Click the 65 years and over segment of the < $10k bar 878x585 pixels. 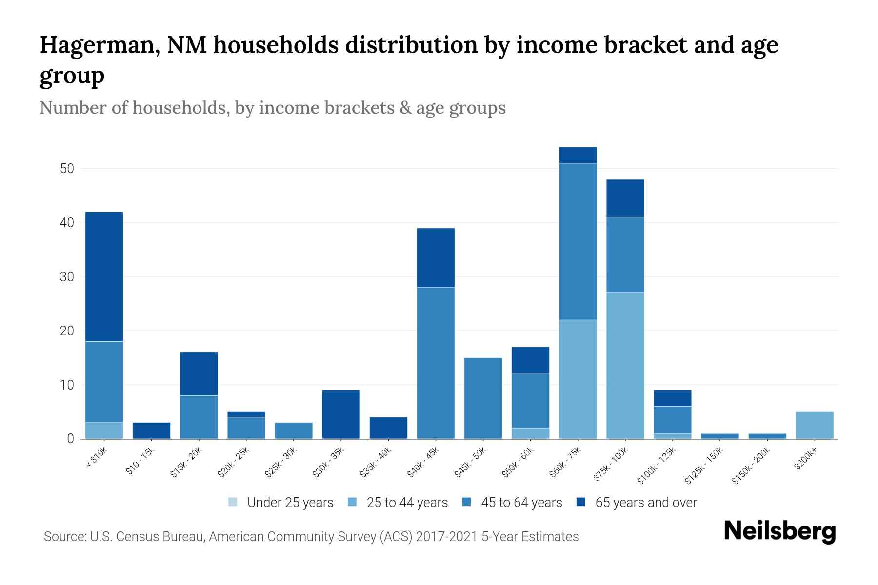click(104, 276)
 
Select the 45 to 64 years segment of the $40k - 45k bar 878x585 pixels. click(436, 363)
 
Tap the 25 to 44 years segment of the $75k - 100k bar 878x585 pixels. click(625, 366)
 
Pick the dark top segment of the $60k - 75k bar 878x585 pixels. click(578, 155)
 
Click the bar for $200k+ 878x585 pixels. click(814, 425)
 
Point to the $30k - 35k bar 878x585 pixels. click(341, 414)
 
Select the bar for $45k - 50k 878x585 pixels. click(483, 398)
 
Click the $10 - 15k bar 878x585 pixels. click(151, 430)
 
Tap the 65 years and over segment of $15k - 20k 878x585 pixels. click(199, 374)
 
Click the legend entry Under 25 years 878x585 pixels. click(281, 502)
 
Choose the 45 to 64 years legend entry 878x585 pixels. click(512, 502)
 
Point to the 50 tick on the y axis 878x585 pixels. click(67, 169)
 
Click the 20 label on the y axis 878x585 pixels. click(67, 331)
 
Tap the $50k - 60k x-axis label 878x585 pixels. click(518, 462)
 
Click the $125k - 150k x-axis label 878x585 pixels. click(703, 466)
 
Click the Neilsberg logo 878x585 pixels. click(779, 531)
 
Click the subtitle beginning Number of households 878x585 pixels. click(272, 108)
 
